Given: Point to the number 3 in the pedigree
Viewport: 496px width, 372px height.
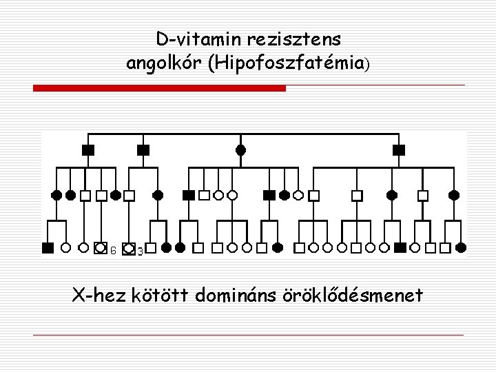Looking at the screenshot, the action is pos(140,252).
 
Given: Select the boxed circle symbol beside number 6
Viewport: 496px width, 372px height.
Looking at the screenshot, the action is pos(101,247).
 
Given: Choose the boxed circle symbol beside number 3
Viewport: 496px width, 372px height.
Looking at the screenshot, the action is pos(128,248).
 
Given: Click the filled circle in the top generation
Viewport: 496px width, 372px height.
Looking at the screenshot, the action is pos(240,149).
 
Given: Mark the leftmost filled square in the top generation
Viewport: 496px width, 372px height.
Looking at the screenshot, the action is pos(87,149).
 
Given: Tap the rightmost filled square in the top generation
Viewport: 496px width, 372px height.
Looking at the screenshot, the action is pos(398,149).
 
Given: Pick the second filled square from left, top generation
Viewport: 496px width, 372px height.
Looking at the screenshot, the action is pos(143,149).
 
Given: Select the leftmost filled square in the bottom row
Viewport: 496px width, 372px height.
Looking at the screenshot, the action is pos(48,247).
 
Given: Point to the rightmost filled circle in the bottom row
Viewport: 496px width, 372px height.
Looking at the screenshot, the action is pos(462,247).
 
